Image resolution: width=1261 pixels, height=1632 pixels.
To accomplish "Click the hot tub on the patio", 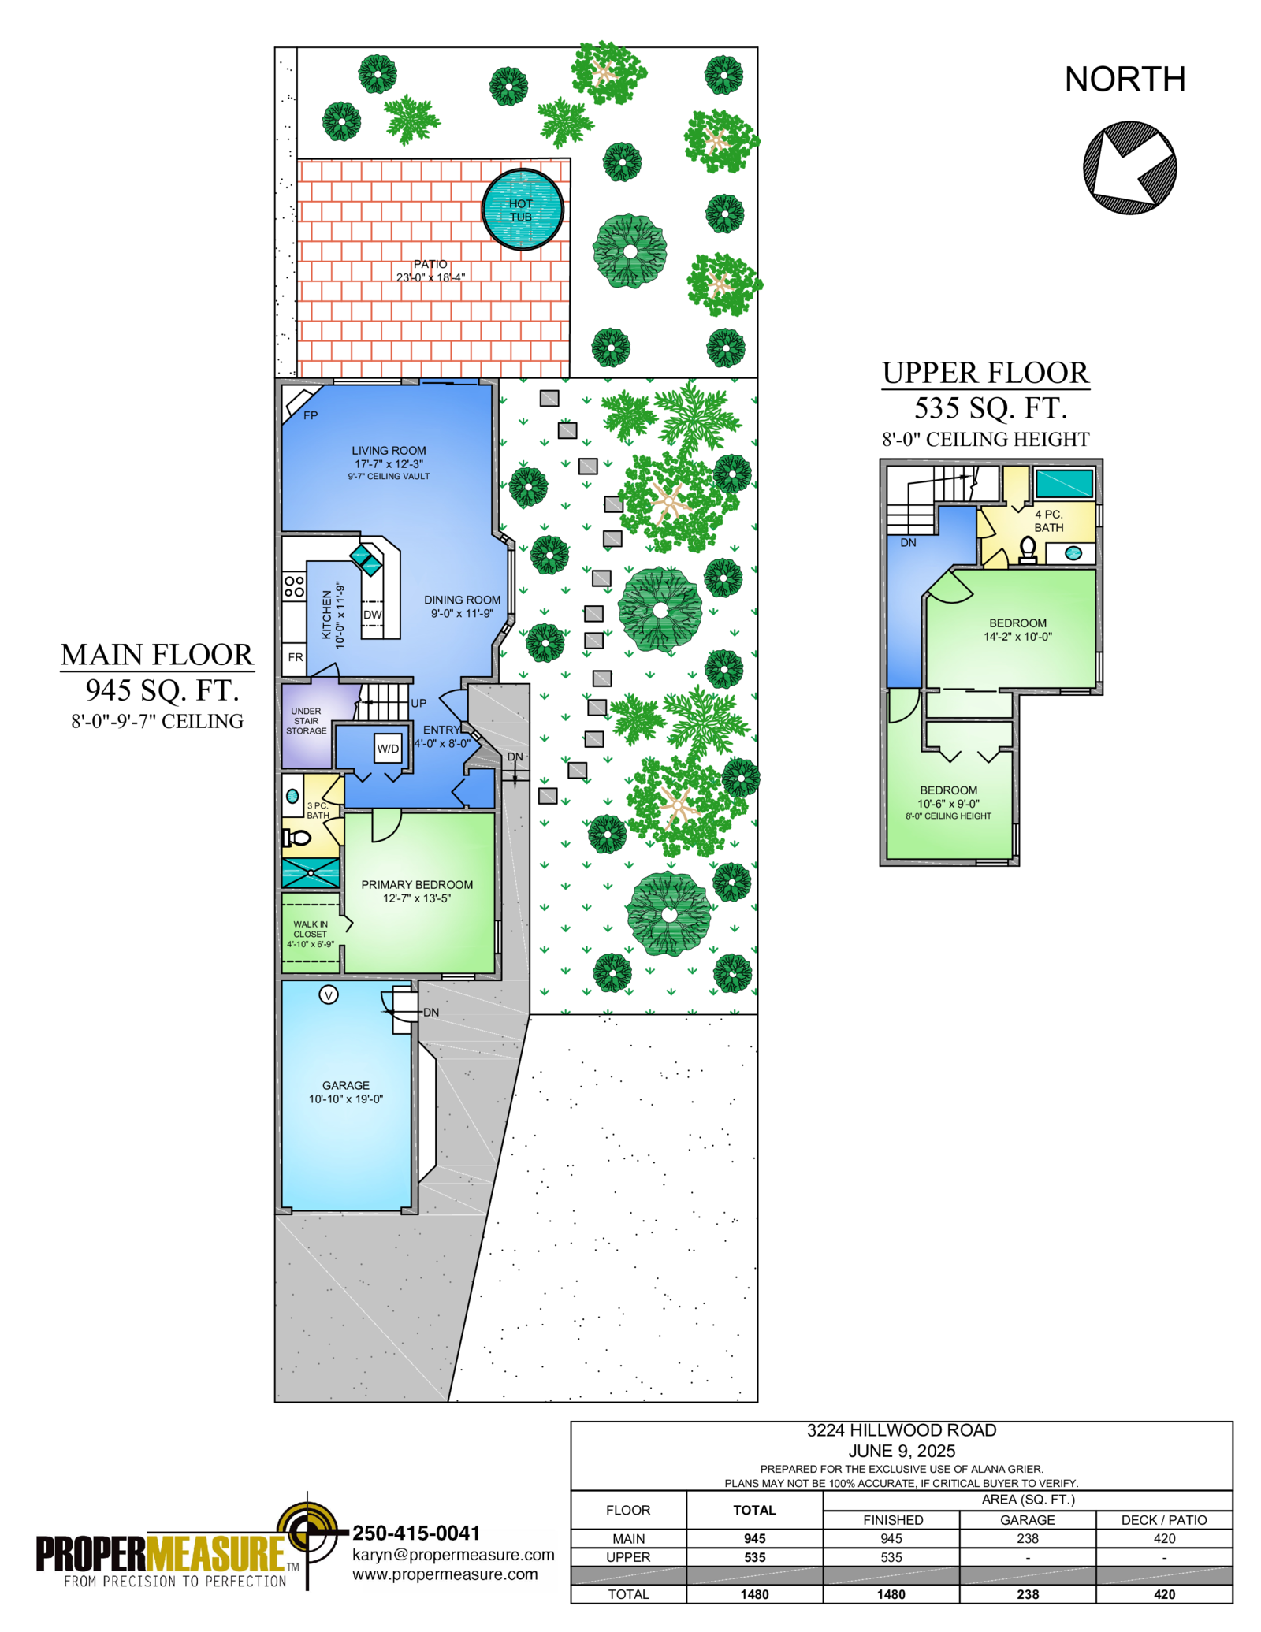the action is click(x=523, y=209).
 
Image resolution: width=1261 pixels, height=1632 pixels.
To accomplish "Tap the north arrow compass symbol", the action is click(x=1129, y=167).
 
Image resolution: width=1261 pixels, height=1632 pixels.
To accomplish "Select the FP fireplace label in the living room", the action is click(x=311, y=415).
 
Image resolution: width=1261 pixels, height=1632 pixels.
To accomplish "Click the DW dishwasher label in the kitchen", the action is click(x=373, y=615).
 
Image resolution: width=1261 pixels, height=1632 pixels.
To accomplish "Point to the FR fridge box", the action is click(x=295, y=657).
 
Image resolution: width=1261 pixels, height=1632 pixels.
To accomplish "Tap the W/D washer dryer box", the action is click(x=388, y=749).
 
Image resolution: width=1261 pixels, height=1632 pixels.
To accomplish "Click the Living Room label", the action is click(x=389, y=451).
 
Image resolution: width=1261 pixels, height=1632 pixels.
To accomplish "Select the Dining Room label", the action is click(x=462, y=600).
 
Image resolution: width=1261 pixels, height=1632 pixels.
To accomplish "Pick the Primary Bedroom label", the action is click(x=417, y=885).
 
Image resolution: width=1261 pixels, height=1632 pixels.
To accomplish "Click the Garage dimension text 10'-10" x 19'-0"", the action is click(x=346, y=1099).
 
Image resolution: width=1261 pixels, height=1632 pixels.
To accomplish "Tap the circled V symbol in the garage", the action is click(x=329, y=995).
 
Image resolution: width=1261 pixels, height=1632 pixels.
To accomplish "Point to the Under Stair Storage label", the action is click(x=307, y=721).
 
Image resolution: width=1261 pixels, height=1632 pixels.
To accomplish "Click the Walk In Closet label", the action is click(x=311, y=929).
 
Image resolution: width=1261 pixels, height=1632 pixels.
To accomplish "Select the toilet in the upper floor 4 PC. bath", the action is click(x=1028, y=549).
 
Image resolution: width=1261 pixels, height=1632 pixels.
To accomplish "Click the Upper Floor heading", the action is click(x=985, y=373).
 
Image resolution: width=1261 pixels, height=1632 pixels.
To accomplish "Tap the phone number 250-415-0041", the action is click(x=416, y=1533).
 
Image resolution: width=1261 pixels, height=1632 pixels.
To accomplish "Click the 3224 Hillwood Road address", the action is click(x=902, y=1430).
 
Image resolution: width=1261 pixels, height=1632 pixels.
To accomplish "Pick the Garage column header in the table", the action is click(x=1028, y=1520).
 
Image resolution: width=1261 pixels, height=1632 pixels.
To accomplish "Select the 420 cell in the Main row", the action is click(x=1164, y=1538).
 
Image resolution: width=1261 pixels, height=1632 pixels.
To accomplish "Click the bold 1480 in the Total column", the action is click(x=754, y=1594).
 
